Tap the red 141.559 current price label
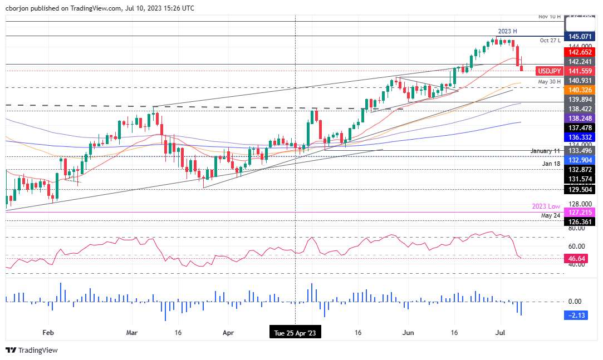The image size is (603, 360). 580,71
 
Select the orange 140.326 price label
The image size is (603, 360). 580,90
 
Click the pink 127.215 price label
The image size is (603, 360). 580,212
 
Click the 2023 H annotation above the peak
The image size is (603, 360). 504,31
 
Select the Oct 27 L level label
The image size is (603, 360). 551,41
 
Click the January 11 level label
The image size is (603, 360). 546,151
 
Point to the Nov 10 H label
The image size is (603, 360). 550,17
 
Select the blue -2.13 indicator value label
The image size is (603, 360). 580,315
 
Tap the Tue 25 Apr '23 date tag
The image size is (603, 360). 295,333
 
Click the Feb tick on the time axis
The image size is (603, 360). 48,333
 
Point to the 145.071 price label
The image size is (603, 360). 580,36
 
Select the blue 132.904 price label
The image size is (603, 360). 580,159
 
